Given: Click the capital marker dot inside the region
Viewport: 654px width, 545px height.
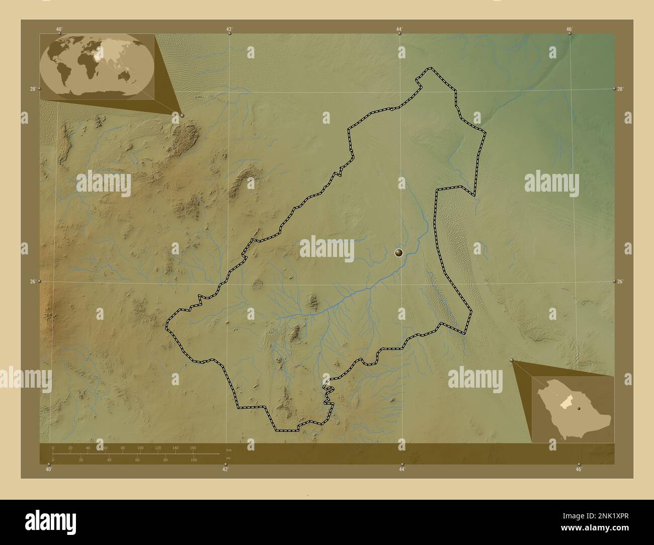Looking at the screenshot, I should (399, 253).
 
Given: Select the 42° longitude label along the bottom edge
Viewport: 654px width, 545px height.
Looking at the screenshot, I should (225, 469).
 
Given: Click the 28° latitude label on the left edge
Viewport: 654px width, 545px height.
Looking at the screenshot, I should (33, 89).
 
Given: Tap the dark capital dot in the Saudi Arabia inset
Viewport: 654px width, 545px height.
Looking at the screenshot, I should (579, 408).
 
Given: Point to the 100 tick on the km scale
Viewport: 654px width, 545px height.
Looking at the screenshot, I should (140, 447).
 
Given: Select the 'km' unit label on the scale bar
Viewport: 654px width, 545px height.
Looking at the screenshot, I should (229, 449).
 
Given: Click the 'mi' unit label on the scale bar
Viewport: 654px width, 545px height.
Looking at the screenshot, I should (228, 459).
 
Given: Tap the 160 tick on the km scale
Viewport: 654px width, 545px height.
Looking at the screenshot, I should (193, 447).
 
